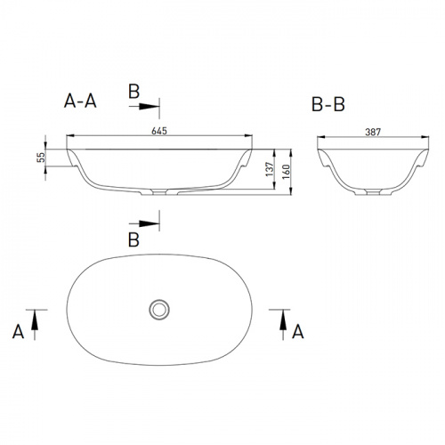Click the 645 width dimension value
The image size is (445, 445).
point(159,131)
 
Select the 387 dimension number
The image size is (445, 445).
point(373,132)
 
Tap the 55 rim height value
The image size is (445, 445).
point(41,157)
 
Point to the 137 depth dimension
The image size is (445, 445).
point(270,169)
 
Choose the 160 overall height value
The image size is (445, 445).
point(286,172)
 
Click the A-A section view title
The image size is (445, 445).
point(80,101)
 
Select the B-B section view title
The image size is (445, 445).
point(328,104)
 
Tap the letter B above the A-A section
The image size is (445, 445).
point(133,91)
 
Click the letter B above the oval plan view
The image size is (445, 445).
point(133,239)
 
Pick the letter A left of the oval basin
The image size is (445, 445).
point(18,332)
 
